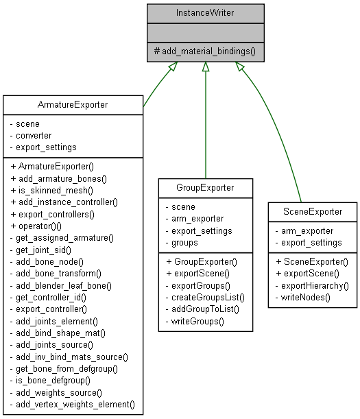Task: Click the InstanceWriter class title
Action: [x=205, y=12]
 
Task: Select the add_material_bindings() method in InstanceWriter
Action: [x=205, y=51]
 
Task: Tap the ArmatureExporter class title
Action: [x=73, y=105]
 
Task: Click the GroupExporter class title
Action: [x=205, y=187]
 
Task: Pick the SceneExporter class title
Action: [x=313, y=212]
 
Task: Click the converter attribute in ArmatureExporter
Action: [x=34, y=136]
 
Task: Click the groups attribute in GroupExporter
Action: [x=184, y=242]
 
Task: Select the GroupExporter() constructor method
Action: [x=204, y=261]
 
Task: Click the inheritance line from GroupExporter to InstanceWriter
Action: [x=205, y=123]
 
